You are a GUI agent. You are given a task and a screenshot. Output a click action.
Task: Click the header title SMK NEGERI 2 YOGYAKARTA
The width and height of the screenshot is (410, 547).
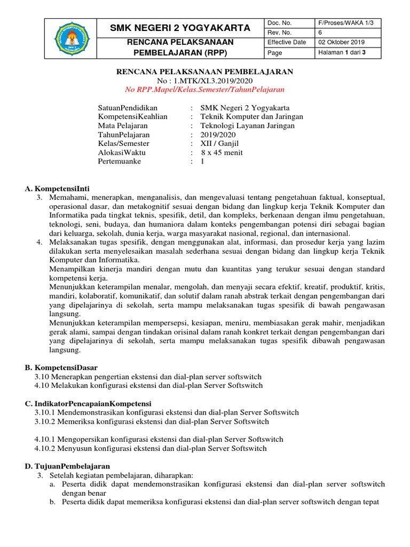pos(180,28)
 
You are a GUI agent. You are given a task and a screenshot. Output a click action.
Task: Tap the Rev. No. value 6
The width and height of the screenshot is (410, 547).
pos(320,33)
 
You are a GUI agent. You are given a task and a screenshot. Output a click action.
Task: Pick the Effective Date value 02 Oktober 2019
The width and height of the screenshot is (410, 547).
pos(342,42)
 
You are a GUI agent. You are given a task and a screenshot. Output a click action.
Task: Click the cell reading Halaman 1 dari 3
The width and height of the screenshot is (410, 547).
pos(341,52)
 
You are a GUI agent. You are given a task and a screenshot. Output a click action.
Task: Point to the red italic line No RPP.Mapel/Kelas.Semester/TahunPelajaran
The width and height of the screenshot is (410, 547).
pos(205,89)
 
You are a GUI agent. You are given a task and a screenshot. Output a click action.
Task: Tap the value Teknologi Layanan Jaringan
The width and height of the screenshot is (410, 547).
pos(247,126)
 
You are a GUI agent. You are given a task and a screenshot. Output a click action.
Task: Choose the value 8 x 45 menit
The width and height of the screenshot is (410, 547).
pos(222,152)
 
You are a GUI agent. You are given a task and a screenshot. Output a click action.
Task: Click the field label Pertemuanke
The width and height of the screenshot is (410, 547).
pos(120,161)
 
